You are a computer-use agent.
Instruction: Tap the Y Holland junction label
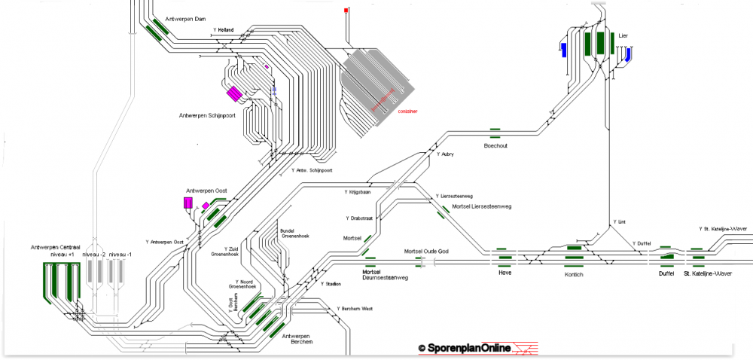[x=224, y=30]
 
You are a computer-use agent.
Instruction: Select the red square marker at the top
[x=346, y=11]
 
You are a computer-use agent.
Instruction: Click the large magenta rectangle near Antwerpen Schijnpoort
[x=234, y=93]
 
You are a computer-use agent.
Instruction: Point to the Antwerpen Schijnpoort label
[x=208, y=115]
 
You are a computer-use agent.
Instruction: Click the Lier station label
[x=623, y=35]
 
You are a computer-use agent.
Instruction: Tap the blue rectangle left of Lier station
[x=562, y=50]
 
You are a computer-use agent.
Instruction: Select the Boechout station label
[x=495, y=145]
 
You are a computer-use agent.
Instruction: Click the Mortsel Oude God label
[x=426, y=251]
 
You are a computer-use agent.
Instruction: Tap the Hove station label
[x=505, y=273]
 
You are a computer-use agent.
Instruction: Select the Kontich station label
[x=574, y=274]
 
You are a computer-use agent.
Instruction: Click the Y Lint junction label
[x=619, y=222]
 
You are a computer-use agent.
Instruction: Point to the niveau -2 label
[x=94, y=255]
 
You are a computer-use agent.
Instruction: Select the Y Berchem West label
[x=355, y=309]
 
